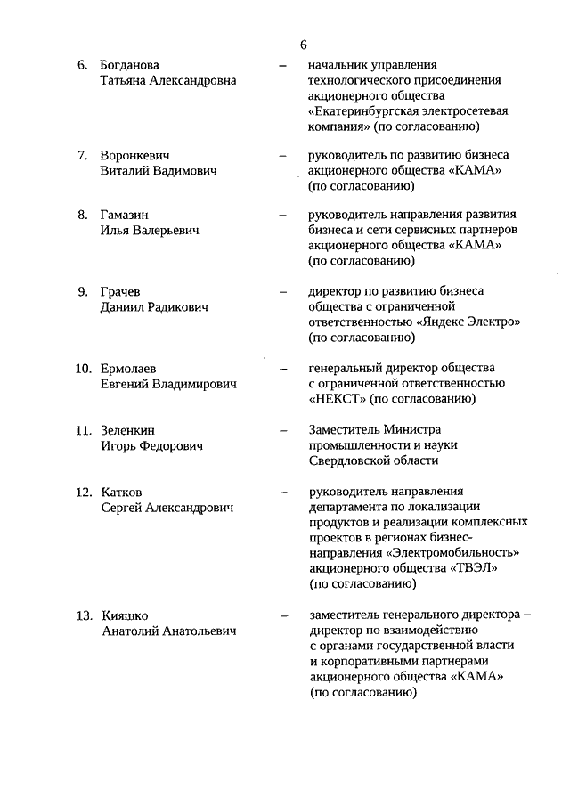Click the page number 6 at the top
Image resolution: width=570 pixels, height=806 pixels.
(304, 45)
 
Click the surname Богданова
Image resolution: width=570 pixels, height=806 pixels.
(130, 65)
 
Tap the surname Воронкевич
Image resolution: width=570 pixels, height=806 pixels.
(134, 155)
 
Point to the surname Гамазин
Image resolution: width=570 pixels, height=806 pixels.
(126, 215)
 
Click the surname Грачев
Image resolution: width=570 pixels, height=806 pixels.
(120, 291)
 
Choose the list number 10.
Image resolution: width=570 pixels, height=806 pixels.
(83, 368)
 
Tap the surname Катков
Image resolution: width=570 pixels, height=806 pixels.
(121, 492)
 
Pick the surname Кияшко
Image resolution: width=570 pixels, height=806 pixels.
(125, 615)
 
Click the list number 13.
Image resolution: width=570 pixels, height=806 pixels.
(83, 615)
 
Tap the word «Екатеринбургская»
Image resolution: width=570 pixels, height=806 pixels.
(370, 111)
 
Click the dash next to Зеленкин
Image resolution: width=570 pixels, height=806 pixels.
(283, 430)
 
